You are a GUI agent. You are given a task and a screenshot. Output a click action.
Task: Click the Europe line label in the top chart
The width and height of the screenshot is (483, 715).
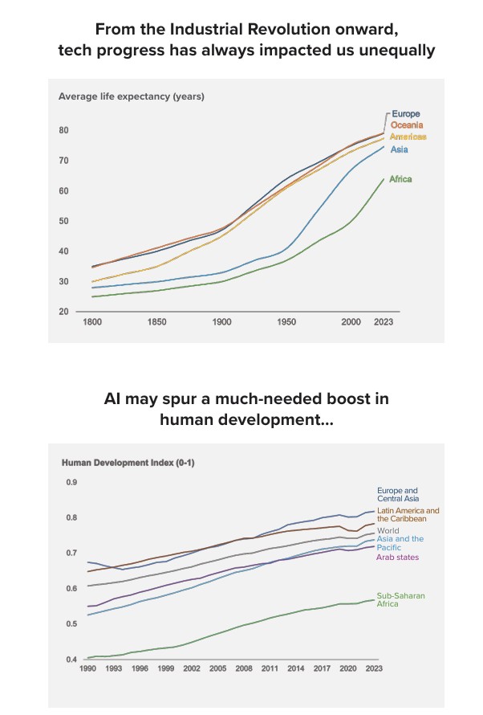pyautogui.click(x=405, y=114)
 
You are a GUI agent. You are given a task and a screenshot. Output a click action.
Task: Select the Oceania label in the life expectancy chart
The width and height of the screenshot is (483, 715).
pyautogui.click(x=407, y=125)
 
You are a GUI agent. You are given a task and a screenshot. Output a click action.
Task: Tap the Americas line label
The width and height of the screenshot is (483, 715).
pyautogui.click(x=408, y=137)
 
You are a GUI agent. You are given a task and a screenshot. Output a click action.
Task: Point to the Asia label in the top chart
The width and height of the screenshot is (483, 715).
pyautogui.click(x=399, y=149)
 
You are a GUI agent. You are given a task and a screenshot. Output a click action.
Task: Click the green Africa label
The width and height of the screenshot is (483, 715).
pyautogui.click(x=400, y=179)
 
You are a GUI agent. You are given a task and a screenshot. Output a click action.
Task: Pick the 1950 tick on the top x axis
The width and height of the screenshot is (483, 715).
pyautogui.click(x=286, y=321)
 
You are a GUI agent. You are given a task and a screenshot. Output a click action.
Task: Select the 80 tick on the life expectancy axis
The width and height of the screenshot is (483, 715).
pyautogui.click(x=63, y=130)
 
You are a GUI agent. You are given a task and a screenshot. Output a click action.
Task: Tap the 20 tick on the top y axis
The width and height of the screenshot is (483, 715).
pyautogui.click(x=63, y=312)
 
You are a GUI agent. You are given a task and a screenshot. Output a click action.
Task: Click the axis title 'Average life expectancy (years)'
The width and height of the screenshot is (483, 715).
pyautogui.click(x=132, y=97)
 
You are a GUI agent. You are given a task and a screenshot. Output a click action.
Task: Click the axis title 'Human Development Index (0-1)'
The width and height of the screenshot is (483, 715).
pyautogui.click(x=128, y=463)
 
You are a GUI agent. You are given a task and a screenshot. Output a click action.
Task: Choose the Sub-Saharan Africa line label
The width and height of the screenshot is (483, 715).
pyautogui.click(x=400, y=599)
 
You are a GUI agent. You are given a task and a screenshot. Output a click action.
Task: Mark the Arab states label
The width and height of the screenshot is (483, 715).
pyautogui.click(x=398, y=558)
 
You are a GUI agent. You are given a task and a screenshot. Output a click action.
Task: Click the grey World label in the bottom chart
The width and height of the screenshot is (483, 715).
pyautogui.click(x=388, y=531)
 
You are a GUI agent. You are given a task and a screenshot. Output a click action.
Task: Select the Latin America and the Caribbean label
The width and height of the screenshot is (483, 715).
pyautogui.click(x=408, y=514)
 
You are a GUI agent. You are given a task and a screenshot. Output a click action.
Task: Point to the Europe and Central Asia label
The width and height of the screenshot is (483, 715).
pyautogui.click(x=398, y=494)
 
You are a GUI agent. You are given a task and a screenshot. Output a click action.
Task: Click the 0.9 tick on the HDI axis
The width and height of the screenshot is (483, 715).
pyautogui.click(x=71, y=483)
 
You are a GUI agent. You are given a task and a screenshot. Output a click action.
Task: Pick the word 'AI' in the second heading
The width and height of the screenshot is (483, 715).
pyautogui.click(x=115, y=399)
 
